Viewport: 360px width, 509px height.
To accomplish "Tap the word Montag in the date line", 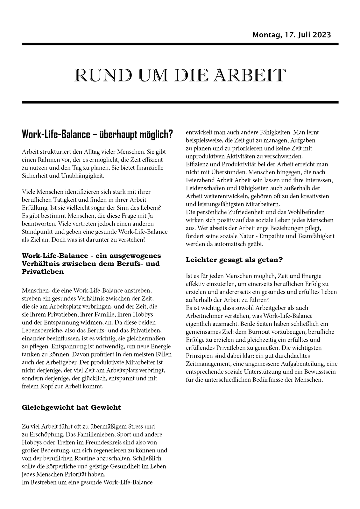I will coord(265,35).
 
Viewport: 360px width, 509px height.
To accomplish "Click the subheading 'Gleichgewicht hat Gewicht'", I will coord(71,408).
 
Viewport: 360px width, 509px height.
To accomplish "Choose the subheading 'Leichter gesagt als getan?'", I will coord(234,260).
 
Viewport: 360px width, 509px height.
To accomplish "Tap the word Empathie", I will coord(276,236).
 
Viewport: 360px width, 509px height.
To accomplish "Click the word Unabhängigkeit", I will coord(84,175).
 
